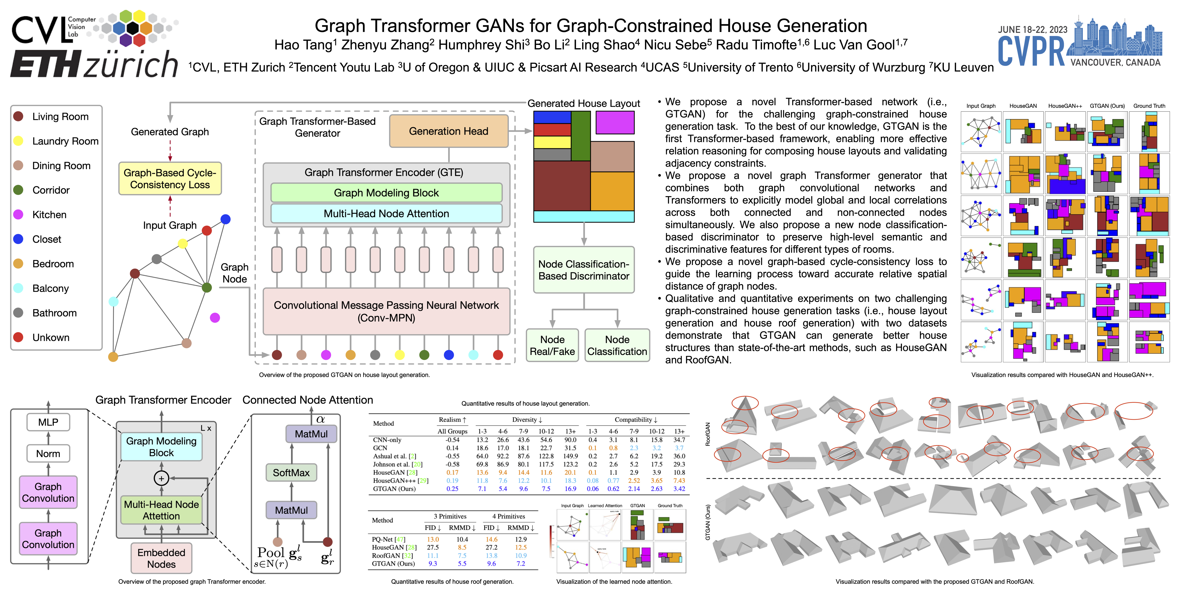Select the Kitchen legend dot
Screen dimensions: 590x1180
pyautogui.click(x=18, y=214)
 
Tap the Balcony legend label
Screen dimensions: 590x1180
pyautogui.click(x=50, y=288)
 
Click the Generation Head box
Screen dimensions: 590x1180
pyautogui.click(x=448, y=131)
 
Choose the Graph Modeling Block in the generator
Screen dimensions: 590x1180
pyautogui.click(x=386, y=193)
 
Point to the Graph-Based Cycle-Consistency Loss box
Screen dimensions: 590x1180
pyautogui.click(x=170, y=179)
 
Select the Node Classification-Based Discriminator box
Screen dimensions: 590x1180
pyautogui.click(x=584, y=270)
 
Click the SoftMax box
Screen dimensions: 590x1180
pyautogui.click(x=291, y=472)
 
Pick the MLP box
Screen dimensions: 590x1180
pyautogui.click(x=48, y=422)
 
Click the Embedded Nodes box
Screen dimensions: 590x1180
pyautogui.click(x=161, y=558)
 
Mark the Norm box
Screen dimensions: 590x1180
pyautogui.click(x=48, y=454)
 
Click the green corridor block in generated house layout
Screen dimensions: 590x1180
pyautogui.click(x=580, y=136)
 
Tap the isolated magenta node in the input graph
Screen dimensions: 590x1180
pyautogui.click(x=215, y=317)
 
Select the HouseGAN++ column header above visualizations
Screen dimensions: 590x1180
pyautogui.click(x=1065, y=106)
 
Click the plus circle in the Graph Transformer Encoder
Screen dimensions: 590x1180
pyautogui.click(x=161, y=478)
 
